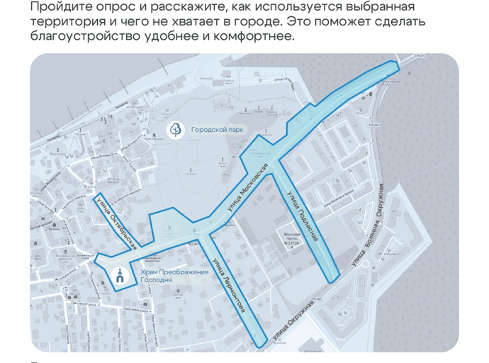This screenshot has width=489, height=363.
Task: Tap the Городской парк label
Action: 216,130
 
